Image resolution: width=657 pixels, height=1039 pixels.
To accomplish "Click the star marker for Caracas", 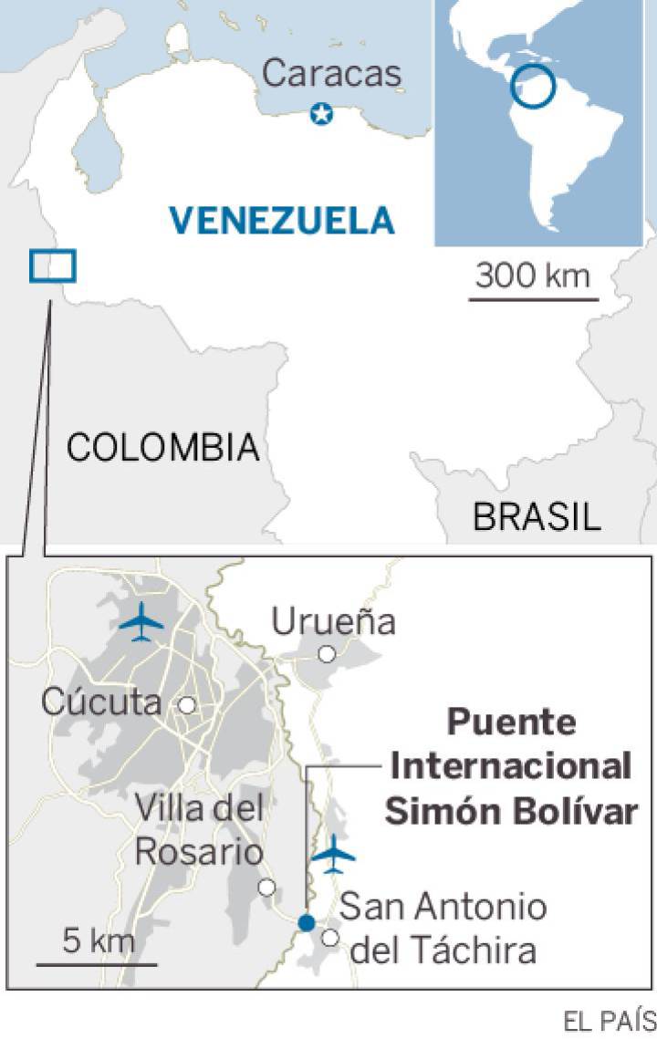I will [x=321, y=114].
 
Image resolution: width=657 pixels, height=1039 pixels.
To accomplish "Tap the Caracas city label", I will [x=332, y=73].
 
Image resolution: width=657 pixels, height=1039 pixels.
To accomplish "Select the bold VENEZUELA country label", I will [x=282, y=220].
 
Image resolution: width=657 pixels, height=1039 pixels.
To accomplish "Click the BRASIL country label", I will [x=537, y=516].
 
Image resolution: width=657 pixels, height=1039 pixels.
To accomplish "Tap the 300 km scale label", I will [x=534, y=274].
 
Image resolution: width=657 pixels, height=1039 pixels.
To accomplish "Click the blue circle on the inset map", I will [x=532, y=87].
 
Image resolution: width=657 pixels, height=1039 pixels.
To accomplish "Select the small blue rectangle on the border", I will [x=52, y=265].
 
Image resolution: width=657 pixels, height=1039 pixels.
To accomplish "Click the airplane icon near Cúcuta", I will [x=141, y=623].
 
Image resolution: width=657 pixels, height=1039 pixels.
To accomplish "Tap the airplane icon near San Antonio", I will [x=333, y=854].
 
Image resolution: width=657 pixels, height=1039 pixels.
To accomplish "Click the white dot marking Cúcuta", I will [x=187, y=704].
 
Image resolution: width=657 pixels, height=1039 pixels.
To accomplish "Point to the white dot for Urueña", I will [x=326, y=654].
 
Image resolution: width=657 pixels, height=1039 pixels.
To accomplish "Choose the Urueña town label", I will [x=334, y=622].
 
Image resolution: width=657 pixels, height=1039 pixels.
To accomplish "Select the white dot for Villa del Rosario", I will [x=266, y=887].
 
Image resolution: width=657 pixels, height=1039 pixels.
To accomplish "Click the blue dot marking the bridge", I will [x=306, y=923].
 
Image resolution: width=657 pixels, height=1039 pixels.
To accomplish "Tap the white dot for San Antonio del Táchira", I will [x=330, y=937].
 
